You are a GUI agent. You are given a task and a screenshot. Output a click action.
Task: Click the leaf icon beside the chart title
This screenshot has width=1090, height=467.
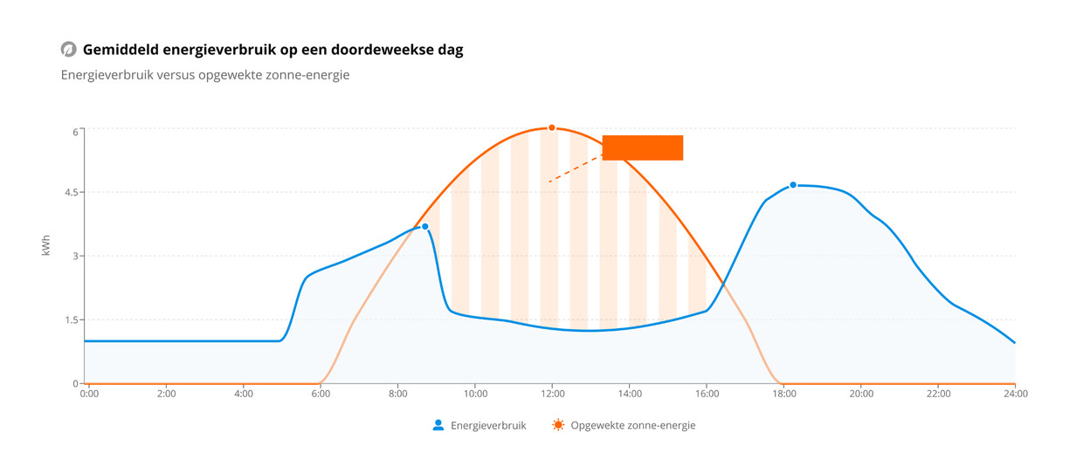(68, 50)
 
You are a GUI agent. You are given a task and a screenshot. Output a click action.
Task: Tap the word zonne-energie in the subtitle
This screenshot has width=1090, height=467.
(313, 75)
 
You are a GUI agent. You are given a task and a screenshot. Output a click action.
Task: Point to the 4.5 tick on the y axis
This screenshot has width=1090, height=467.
(69, 192)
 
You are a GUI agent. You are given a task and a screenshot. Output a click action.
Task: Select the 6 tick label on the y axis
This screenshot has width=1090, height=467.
(75, 132)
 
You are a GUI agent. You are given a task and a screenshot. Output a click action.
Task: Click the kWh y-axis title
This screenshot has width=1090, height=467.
(46, 245)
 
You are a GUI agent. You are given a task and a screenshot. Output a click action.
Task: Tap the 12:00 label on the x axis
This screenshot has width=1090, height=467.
(552, 395)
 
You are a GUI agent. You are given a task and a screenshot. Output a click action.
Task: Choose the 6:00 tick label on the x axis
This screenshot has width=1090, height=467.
(321, 395)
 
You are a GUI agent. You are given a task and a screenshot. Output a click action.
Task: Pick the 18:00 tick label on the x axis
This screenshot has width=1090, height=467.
(783, 395)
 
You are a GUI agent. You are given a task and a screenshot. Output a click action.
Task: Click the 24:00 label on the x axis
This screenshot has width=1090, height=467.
(1015, 395)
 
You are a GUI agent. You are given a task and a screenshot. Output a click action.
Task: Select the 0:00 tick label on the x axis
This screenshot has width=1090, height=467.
(89, 395)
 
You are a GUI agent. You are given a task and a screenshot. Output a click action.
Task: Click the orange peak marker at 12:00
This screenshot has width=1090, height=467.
(552, 128)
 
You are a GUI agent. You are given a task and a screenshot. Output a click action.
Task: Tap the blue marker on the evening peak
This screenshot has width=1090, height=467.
(793, 185)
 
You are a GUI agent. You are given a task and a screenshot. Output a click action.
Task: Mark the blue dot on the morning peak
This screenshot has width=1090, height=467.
(425, 227)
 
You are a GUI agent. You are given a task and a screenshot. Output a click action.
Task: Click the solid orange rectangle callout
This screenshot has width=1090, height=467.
(642, 148)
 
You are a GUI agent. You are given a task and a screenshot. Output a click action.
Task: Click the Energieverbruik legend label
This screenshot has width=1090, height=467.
(488, 426)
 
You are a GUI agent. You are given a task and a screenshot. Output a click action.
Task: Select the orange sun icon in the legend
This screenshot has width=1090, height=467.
(558, 425)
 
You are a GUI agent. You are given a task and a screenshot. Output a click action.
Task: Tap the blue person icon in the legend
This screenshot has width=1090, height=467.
(438, 425)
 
